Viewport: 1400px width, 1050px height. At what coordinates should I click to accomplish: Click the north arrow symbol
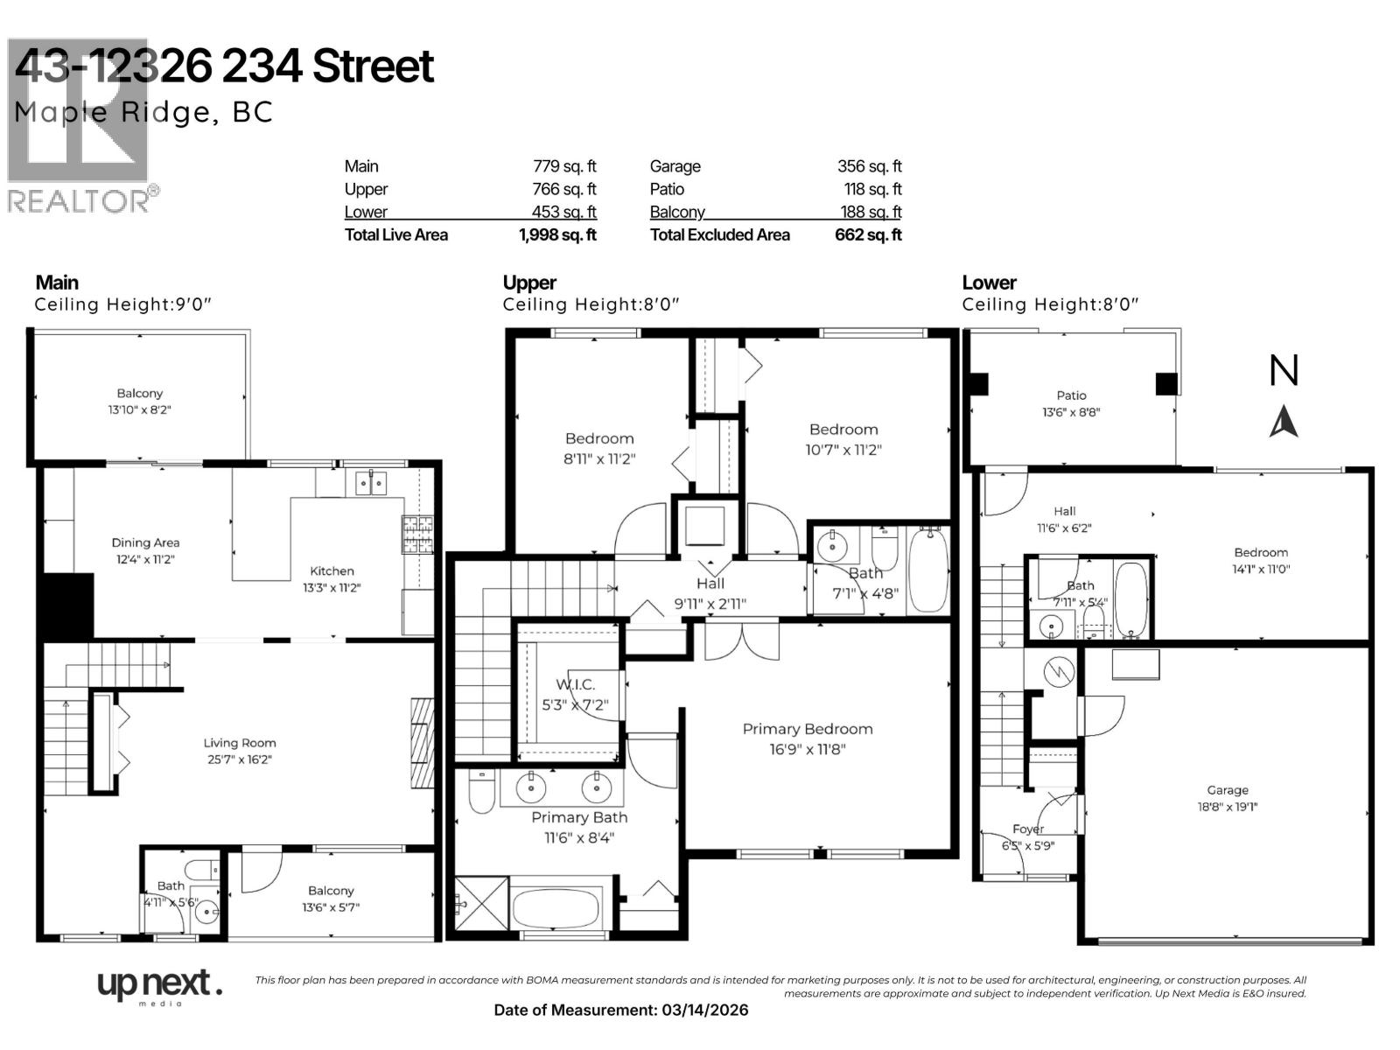tap(1284, 422)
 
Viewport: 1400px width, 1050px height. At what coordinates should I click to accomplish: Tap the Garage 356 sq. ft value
tap(869, 166)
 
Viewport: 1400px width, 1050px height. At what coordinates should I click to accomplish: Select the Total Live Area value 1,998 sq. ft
tap(557, 234)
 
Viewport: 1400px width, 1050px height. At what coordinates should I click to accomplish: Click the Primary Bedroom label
tap(808, 729)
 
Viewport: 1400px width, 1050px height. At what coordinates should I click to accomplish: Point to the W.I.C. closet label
tap(575, 684)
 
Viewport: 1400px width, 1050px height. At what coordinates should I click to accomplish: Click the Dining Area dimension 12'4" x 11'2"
tap(145, 559)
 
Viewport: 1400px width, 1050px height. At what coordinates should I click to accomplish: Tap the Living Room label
tap(240, 743)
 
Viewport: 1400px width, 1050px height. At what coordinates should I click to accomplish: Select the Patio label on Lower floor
tap(1071, 395)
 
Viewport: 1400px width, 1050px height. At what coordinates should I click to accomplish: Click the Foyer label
tap(1028, 829)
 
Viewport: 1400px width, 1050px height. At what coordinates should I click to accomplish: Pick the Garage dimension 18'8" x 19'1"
tap(1227, 807)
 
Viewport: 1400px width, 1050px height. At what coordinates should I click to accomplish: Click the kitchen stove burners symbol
tap(417, 535)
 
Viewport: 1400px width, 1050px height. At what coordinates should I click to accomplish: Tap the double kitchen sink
tap(372, 482)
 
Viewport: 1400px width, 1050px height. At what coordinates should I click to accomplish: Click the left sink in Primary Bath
tap(530, 787)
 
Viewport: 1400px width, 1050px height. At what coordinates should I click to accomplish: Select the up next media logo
tap(157, 987)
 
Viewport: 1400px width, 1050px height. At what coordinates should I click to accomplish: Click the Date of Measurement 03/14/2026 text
tap(621, 1010)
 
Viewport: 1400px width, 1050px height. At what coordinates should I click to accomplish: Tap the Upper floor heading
tap(529, 283)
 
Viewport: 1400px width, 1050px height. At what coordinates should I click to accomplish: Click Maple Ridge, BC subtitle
tap(143, 112)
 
